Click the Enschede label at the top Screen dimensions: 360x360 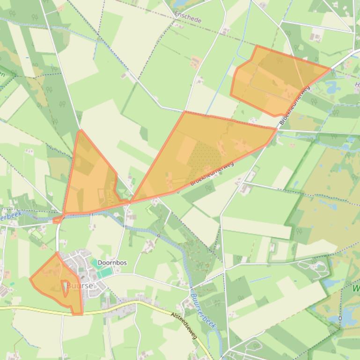coord(188,18)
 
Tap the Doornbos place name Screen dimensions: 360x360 coord(112,263)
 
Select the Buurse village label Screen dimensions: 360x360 coord(80,285)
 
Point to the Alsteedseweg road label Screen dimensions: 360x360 coord(184,326)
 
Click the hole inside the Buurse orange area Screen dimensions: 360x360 coord(65,287)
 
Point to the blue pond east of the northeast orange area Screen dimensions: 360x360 coord(333,87)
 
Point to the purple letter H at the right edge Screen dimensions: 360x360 coord(357,85)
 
